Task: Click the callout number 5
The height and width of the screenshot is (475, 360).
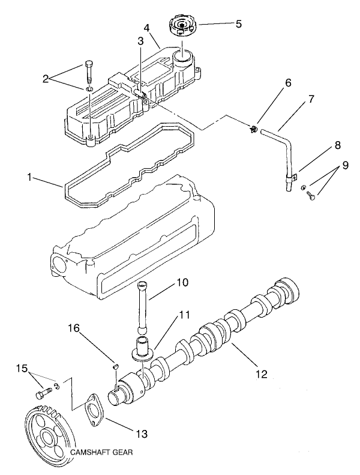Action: pos(238,25)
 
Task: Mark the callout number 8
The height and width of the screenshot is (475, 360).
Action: pos(338,145)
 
